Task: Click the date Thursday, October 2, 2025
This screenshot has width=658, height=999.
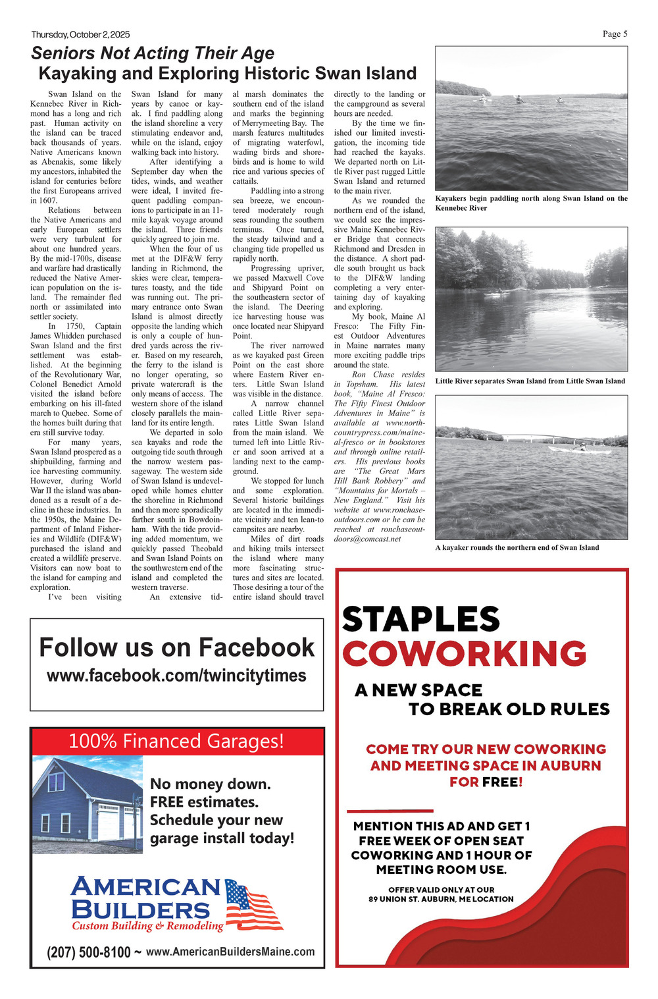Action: [80, 34]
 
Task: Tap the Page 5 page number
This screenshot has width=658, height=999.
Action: [615, 34]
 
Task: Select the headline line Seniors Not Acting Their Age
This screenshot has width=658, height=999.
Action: [153, 53]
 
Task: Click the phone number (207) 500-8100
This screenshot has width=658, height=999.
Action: [89, 952]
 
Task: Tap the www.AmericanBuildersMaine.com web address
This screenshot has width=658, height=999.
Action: [230, 952]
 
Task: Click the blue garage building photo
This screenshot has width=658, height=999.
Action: [78, 805]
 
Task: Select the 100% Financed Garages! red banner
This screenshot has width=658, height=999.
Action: [176, 742]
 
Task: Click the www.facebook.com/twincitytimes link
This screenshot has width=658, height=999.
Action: [176, 676]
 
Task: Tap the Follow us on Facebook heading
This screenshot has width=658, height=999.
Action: [176, 647]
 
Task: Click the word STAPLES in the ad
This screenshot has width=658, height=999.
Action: [421, 619]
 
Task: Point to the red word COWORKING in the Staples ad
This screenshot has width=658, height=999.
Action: [464, 654]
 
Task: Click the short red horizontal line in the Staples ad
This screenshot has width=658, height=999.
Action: [390, 810]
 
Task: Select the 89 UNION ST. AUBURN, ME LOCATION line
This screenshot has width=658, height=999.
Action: [441, 899]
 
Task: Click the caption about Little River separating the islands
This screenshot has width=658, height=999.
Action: [530, 381]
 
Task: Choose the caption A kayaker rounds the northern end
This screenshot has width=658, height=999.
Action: [517, 547]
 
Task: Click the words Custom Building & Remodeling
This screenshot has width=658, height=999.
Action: [147, 926]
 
